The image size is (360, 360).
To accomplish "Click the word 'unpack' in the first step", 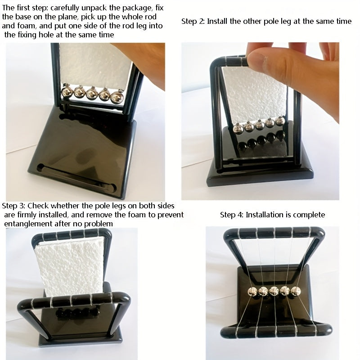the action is tap(94, 8).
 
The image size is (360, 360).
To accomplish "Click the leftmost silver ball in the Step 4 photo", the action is tap(253, 292).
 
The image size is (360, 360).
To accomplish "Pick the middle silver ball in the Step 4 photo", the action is tap(274, 291).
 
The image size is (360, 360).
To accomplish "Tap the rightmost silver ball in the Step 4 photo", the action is tap(296, 291).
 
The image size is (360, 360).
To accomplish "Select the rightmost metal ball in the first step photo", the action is tap(117, 96).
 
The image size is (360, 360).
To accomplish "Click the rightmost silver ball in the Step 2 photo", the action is tap(280, 121).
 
